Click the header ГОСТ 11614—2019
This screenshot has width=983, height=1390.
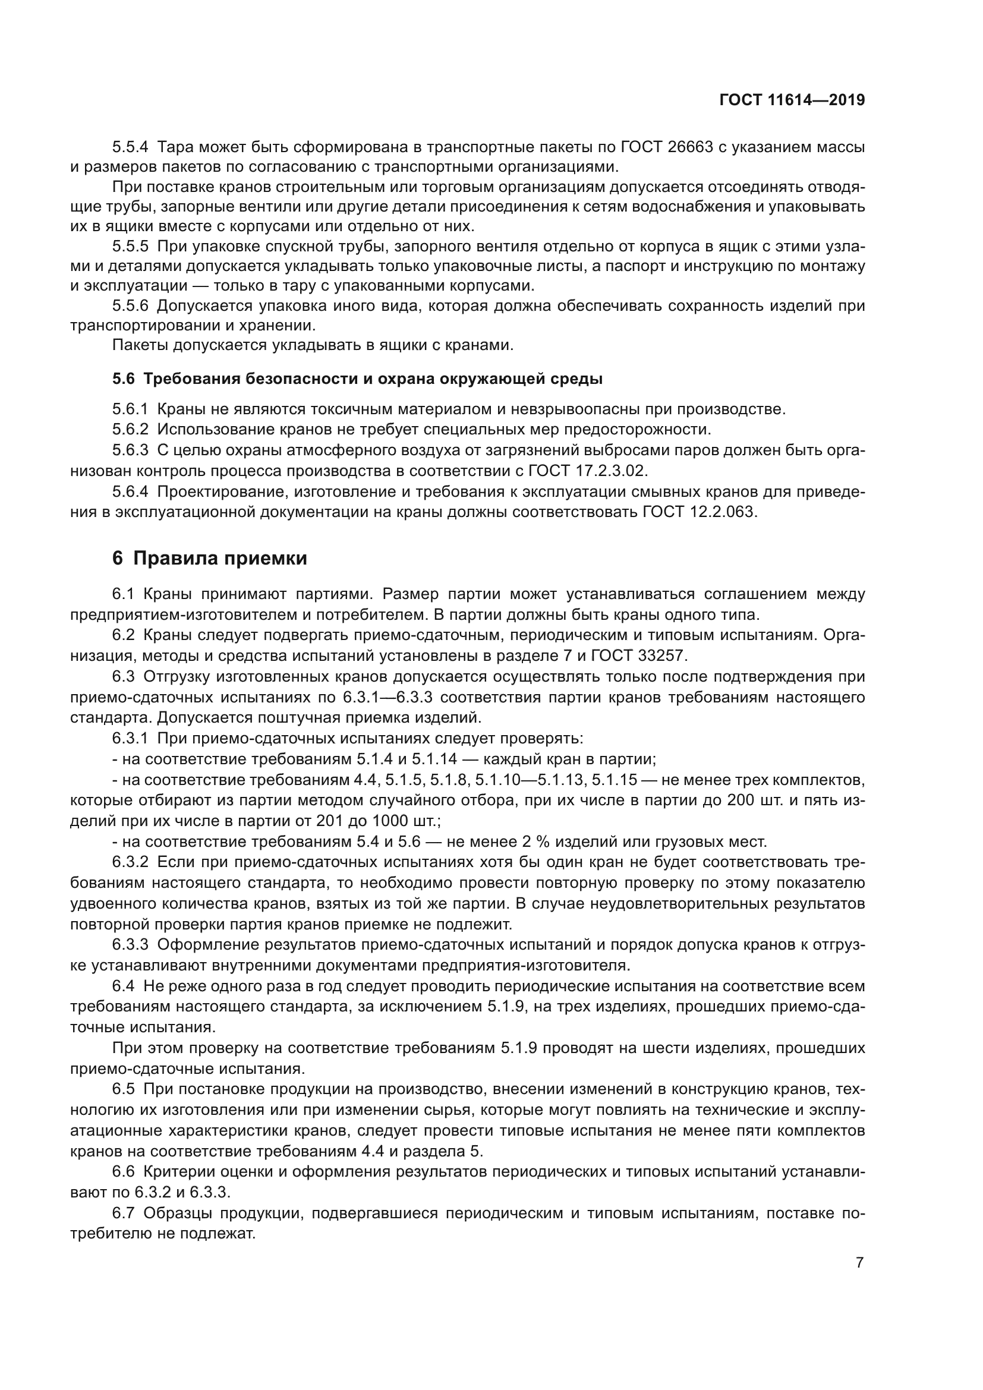pos(792,100)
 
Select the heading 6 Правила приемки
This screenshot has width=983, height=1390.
pos(209,557)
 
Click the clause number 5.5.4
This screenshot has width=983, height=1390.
pos(130,147)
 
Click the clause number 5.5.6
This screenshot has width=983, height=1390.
pos(130,305)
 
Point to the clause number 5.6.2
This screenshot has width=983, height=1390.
pos(130,429)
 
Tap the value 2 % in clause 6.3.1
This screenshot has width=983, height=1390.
pos(532,841)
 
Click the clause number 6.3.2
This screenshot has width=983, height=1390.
pos(130,862)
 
